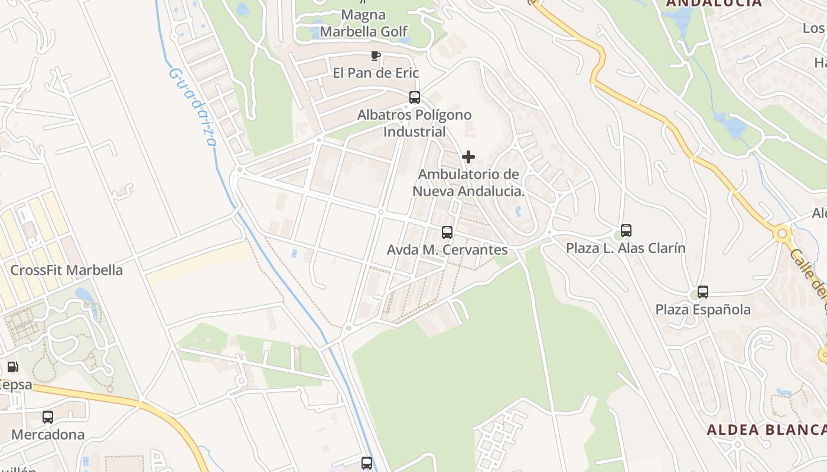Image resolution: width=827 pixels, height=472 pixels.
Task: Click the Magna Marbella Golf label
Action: pyautogui.click(x=364, y=23)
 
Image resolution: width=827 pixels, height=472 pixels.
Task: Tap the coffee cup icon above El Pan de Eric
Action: pyautogui.click(x=375, y=56)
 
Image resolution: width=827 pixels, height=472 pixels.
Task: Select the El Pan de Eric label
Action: pyautogui.click(x=376, y=73)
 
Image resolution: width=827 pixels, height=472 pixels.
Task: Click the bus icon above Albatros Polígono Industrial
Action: pyautogui.click(x=415, y=97)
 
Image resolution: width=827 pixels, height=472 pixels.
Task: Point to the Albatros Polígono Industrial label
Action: pyautogui.click(x=415, y=123)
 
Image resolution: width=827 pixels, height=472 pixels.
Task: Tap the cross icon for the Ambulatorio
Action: pyautogui.click(x=468, y=157)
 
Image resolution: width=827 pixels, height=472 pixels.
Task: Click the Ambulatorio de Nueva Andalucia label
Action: pyautogui.click(x=468, y=183)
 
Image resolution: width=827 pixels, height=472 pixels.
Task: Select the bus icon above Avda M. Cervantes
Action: pyautogui.click(x=447, y=232)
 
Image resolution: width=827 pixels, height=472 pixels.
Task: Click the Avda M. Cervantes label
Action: pyautogui.click(x=447, y=250)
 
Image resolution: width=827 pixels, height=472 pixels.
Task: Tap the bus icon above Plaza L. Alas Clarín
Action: pyautogui.click(x=626, y=231)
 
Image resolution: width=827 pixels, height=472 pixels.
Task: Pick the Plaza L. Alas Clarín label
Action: pyautogui.click(x=626, y=248)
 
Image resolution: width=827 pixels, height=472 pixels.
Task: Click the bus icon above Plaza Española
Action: pyautogui.click(x=703, y=292)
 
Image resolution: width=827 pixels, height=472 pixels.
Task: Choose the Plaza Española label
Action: pyautogui.click(x=703, y=310)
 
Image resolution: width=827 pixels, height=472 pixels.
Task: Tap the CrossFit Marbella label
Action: pyautogui.click(x=67, y=271)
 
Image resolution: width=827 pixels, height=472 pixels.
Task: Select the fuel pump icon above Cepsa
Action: pyautogui.click(x=12, y=367)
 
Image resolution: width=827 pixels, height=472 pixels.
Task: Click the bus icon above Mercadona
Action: pyautogui.click(x=48, y=417)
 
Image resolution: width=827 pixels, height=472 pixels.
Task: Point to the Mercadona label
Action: pyautogui.click(x=48, y=435)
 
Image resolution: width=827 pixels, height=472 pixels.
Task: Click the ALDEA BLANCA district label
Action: pyautogui.click(x=766, y=430)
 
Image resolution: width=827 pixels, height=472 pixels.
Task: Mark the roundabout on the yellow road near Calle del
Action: pyautogui.click(x=783, y=234)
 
